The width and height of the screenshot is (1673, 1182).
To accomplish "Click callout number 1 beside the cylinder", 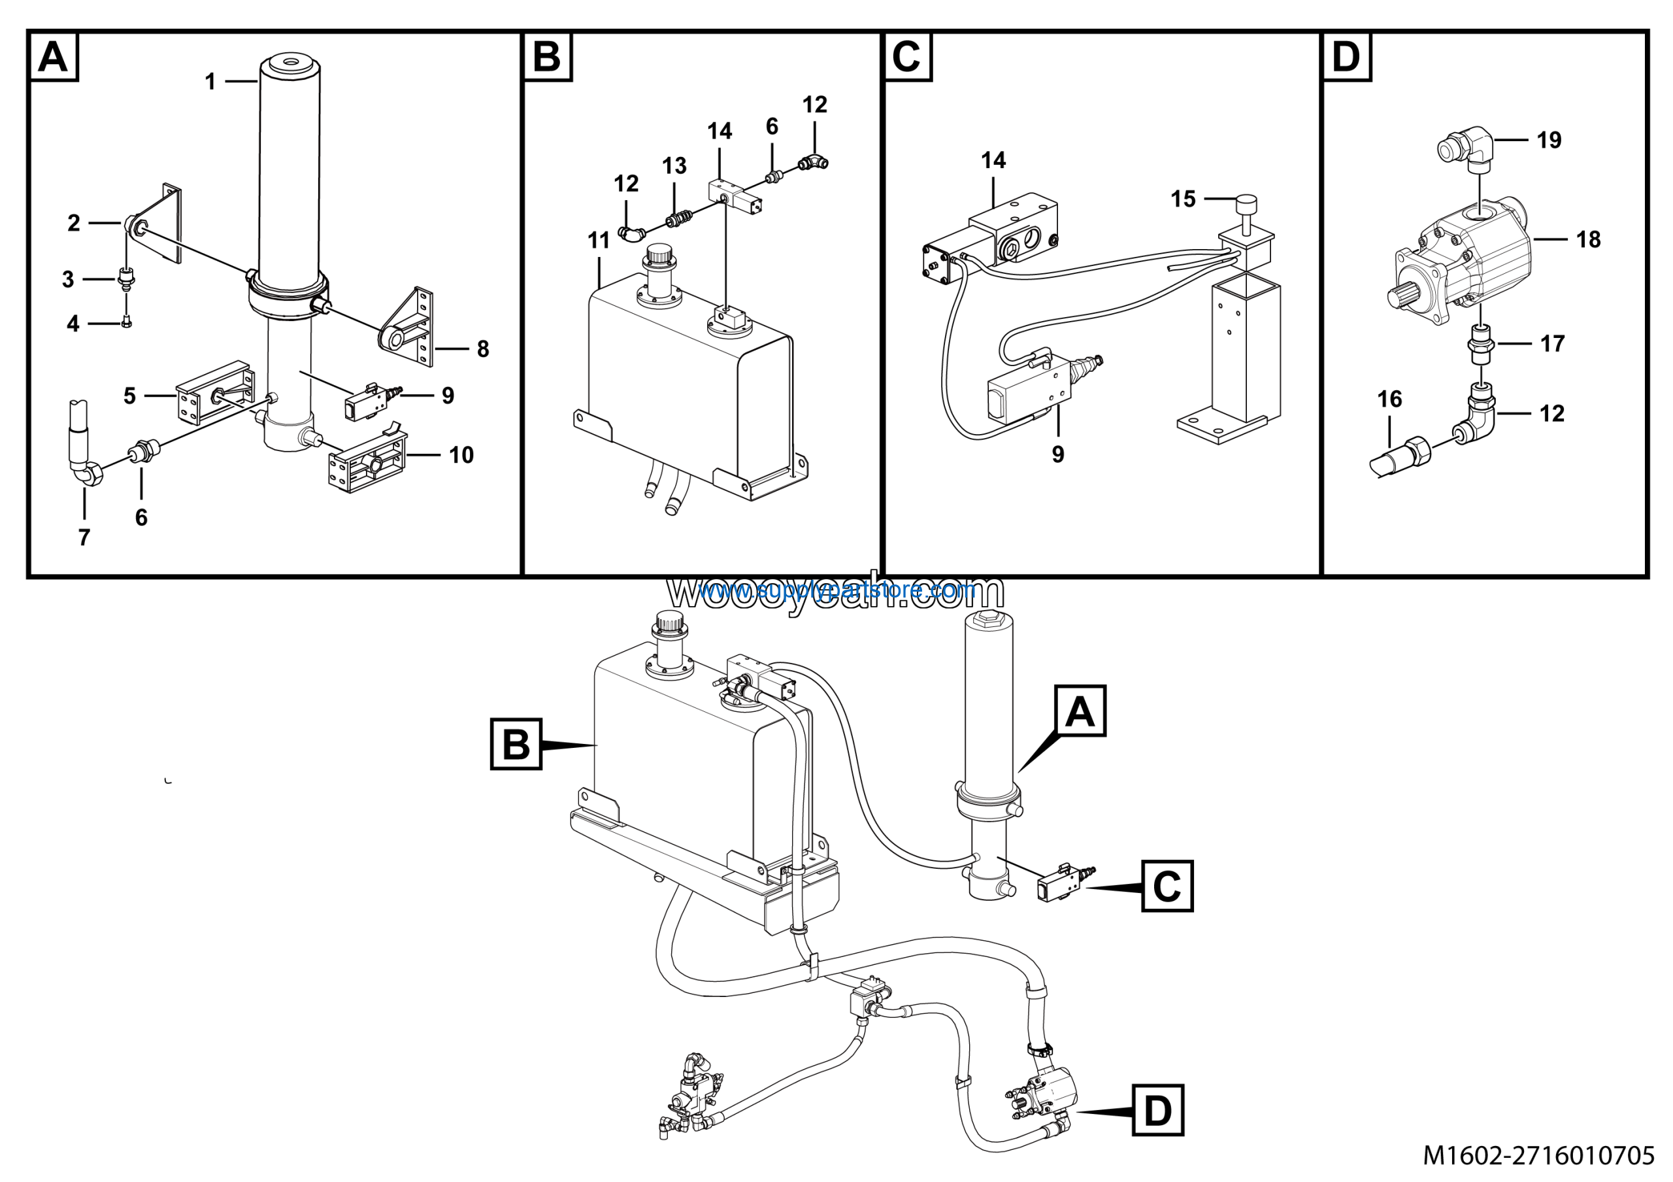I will pyautogui.click(x=210, y=82).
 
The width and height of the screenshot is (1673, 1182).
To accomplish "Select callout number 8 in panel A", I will pyautogui.click(x=482, y=349).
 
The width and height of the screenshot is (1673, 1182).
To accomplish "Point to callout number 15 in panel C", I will pyautogui.click(x=1184, y=199).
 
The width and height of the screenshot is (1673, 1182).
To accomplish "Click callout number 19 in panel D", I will pyautogui.click(x=1549, y=140).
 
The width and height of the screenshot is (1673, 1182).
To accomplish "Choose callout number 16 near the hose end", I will pyautogui.click(x=1389, y=399).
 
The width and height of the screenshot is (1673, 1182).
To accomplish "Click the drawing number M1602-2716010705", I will pyautogui.click(x=1538, y=1155).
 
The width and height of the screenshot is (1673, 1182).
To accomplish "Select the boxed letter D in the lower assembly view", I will pyautogui.click(x=1158, y=1111).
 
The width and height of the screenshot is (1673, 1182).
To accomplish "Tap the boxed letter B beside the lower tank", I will pyautogui.click(x=516, y=744).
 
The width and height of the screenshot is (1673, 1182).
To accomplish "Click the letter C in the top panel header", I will pyautogui.click(x=906, y=56).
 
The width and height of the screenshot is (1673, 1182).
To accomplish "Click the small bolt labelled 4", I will pyautogui.click(x=127, y=322).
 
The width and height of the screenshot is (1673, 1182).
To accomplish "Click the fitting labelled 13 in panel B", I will pyautogui.click(x=678, y=217).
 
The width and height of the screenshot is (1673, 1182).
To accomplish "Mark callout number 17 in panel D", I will pyautogui.click(x=1552, y=343).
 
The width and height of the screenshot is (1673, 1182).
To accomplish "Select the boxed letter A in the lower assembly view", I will pyautogui.click(x=1079, y=711).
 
